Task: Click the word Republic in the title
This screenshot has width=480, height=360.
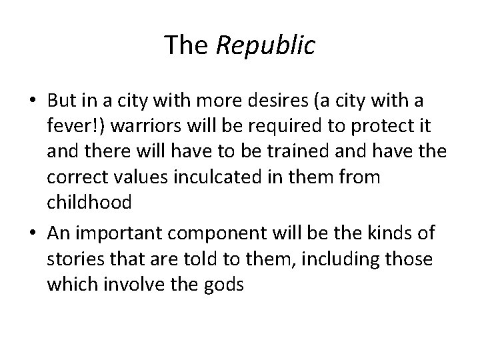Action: [x=265, y=45]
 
